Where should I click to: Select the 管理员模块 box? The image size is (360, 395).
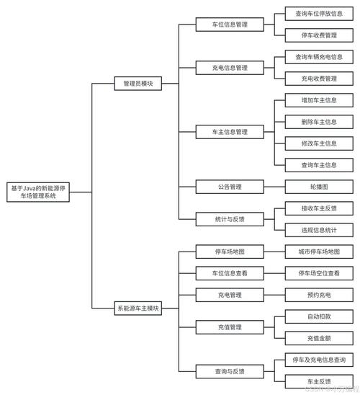point(138,84)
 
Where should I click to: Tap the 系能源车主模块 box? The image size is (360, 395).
point(138,308)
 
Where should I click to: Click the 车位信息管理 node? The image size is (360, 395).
point(229,24)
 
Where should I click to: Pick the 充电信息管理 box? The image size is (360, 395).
point(229,67)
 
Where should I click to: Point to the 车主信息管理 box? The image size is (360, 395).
point(229,132)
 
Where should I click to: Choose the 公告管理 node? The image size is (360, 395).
point(229,186)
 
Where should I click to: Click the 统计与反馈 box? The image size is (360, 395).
point(229,218)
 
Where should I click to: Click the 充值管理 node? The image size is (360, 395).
point(229,327)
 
